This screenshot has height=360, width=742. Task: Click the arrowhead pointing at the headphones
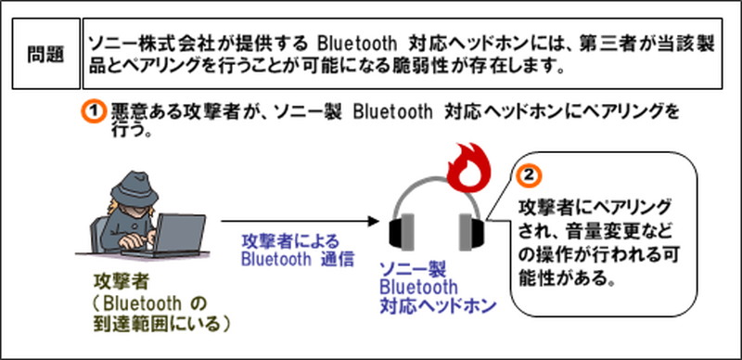coord(374,223)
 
